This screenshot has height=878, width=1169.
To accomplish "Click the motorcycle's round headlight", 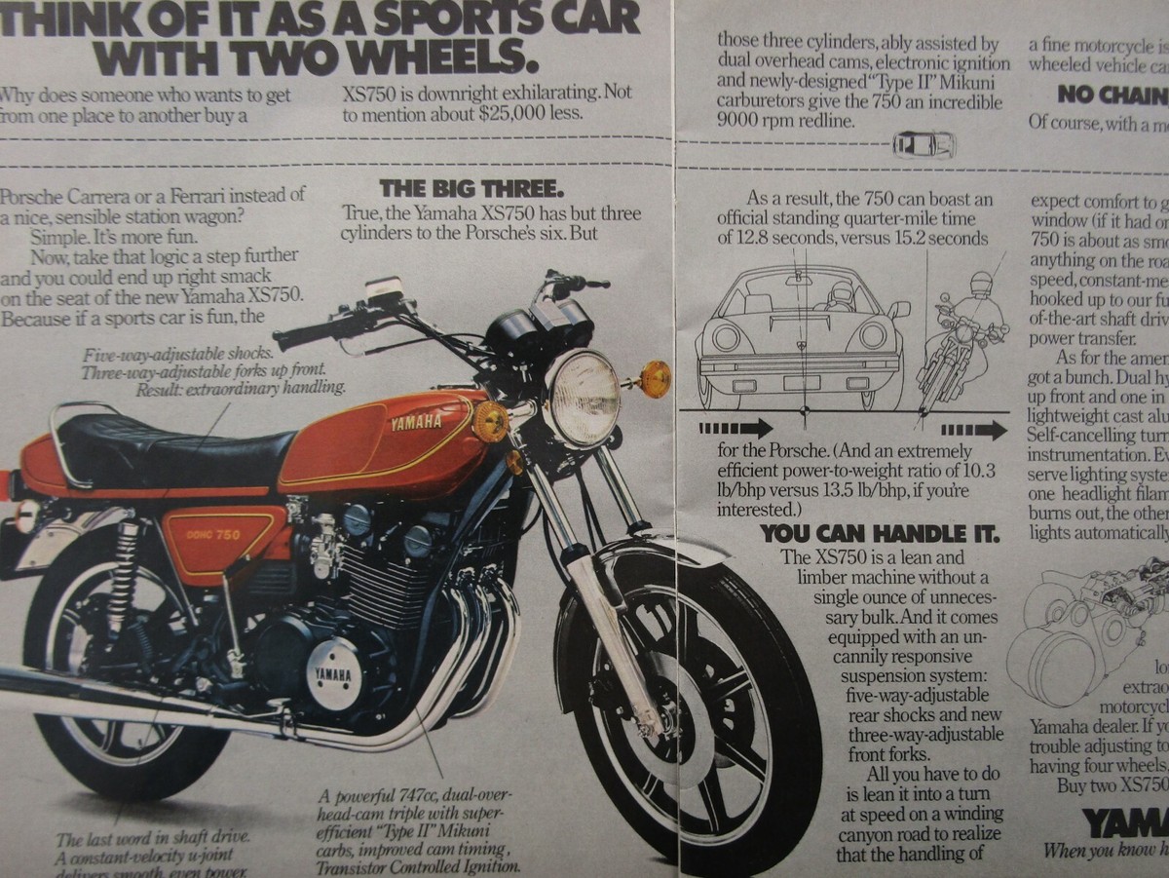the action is pyautogui.click(x=582, y=398).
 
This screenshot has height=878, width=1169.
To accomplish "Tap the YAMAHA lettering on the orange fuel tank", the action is pyautogui.click(x=416, y=422).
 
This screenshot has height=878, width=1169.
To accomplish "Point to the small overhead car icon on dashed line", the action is pyautogui.click(x=924, y=145).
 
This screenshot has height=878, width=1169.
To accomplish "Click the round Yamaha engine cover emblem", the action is pyautogui.click(x=334, y=672).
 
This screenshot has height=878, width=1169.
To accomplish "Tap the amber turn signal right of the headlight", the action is pyautogui.click(x=655, y=378).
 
